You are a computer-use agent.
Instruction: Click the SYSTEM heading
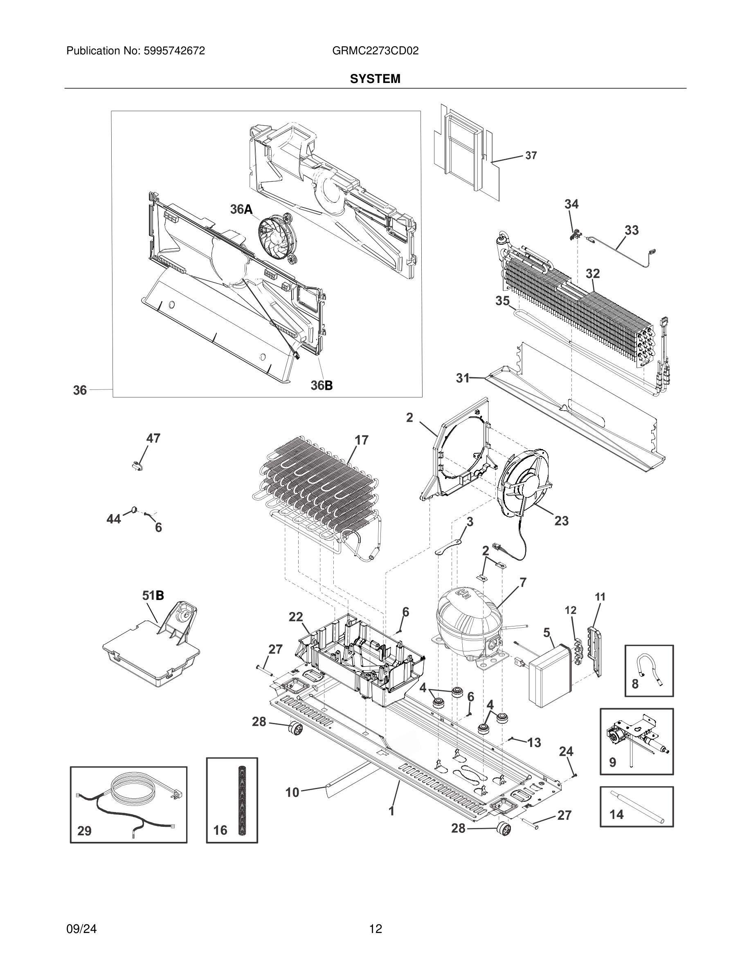click(375, 79)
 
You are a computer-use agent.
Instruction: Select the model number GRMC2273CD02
click(375, 51)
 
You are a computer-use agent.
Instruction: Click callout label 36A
click(241, 209)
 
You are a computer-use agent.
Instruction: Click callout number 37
click(531, 156)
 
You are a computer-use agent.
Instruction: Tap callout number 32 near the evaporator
click(592, 273)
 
